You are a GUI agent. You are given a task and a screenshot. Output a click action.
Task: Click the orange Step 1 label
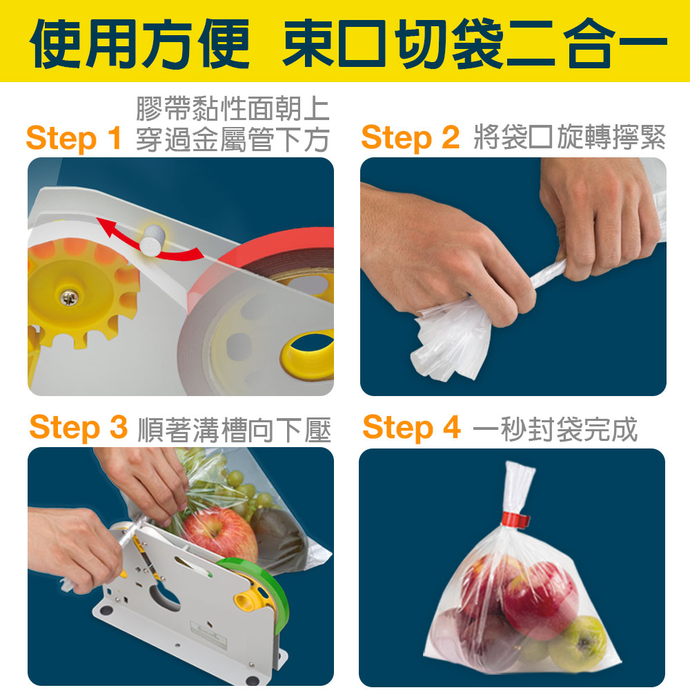(x=74, y=139)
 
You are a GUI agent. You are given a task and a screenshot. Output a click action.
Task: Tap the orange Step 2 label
(x=410, y=138)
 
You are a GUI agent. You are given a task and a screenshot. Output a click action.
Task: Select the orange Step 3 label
(x=79, y=427)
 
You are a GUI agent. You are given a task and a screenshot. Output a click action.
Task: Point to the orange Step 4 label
(x=411, y=427)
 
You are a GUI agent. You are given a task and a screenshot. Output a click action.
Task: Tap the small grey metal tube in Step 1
(x=152, y=240)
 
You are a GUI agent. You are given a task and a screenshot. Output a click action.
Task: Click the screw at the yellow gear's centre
(x=68, y=298)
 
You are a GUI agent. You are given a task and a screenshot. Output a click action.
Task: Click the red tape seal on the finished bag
(x=514, y=520)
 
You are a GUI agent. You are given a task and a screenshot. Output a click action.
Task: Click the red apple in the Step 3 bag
(x=219, y=535)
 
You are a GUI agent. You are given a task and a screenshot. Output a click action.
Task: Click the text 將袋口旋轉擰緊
(x=570, y=137)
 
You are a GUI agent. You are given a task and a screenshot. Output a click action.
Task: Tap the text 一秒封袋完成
(x=555, y=428)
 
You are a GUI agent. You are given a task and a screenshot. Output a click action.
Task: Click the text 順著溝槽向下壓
(x=234, y=429)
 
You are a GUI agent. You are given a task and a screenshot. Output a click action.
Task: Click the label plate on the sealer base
(x=209, y=633)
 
